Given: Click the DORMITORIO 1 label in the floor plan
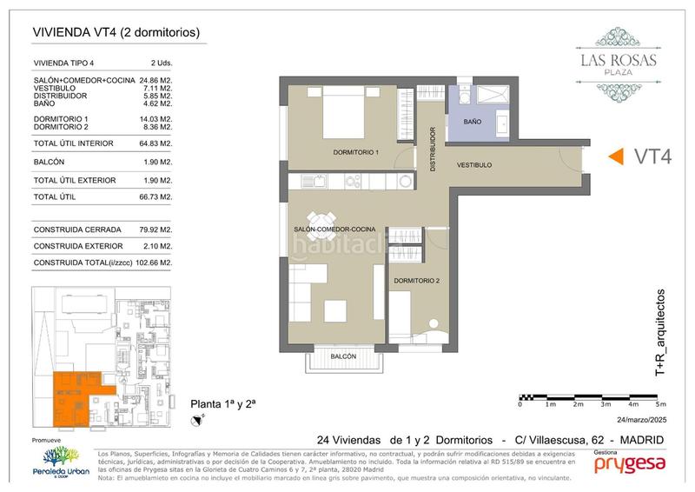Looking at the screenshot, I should [x=356, y=153].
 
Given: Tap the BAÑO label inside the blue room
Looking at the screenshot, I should [x=472, y=123].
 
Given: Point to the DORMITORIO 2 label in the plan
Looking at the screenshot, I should [x=416, y=281].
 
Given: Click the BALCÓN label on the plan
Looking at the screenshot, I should [x=344, y=356].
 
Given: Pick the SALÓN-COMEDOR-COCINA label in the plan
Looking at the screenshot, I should [x=334, y=229].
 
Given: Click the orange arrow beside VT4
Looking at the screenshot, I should [x=614, y=156].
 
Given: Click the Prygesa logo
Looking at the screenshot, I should [x=630, y=464].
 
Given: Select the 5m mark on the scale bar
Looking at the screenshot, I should [x=660, y=404].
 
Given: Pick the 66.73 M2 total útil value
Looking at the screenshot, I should [x=156, y=197].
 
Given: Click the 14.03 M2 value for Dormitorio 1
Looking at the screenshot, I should [x=156, y=118].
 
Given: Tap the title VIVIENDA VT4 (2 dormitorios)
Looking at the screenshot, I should [x=116, y=33].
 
